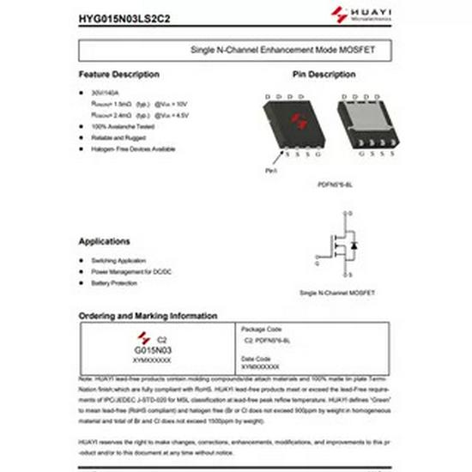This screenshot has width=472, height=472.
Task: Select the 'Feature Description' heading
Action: click(118, 75)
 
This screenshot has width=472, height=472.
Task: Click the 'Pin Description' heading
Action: click(324, 75)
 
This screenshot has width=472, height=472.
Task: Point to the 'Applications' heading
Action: click(104, 241)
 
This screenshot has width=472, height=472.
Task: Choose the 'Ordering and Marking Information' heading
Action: click(148, 316)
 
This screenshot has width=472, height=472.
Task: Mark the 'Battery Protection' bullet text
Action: click(113, 282)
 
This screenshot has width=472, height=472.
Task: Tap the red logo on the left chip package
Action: click(297, 121)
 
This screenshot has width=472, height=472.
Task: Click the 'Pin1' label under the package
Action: click(271, 171)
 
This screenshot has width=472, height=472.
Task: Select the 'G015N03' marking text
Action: click(154, 351)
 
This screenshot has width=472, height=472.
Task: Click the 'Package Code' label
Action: click(262, 330)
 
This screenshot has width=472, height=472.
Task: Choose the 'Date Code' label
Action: click(256, 359)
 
